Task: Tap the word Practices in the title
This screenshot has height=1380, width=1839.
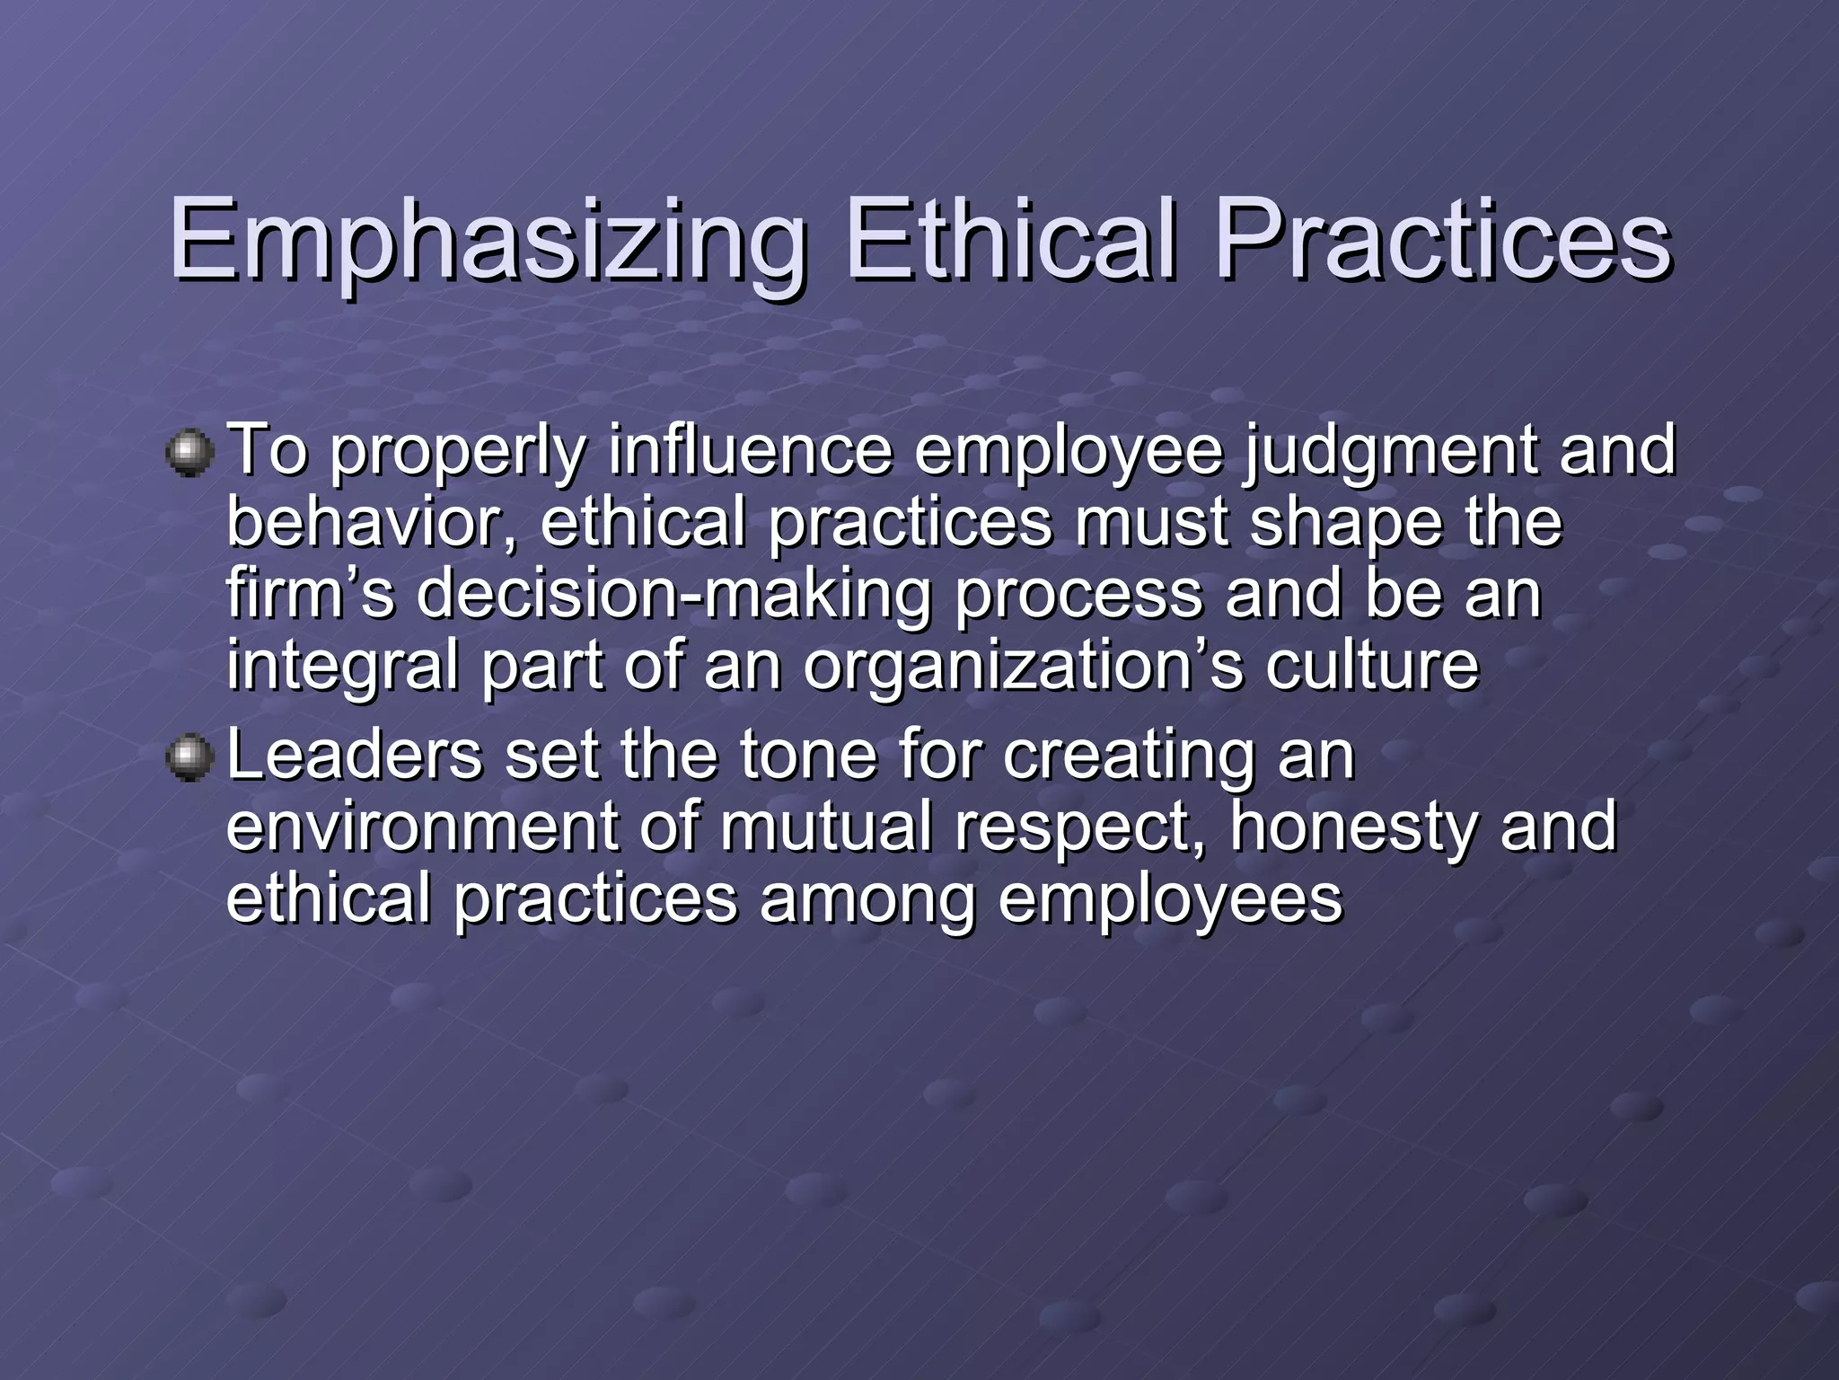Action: click(1442, 241)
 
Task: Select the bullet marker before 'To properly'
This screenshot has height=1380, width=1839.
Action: click(189, 453)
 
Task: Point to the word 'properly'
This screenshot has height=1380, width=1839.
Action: click(457, 453)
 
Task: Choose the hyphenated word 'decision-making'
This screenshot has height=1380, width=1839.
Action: click(674, 597)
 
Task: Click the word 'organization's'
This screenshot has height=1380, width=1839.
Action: click(1023, 668)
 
